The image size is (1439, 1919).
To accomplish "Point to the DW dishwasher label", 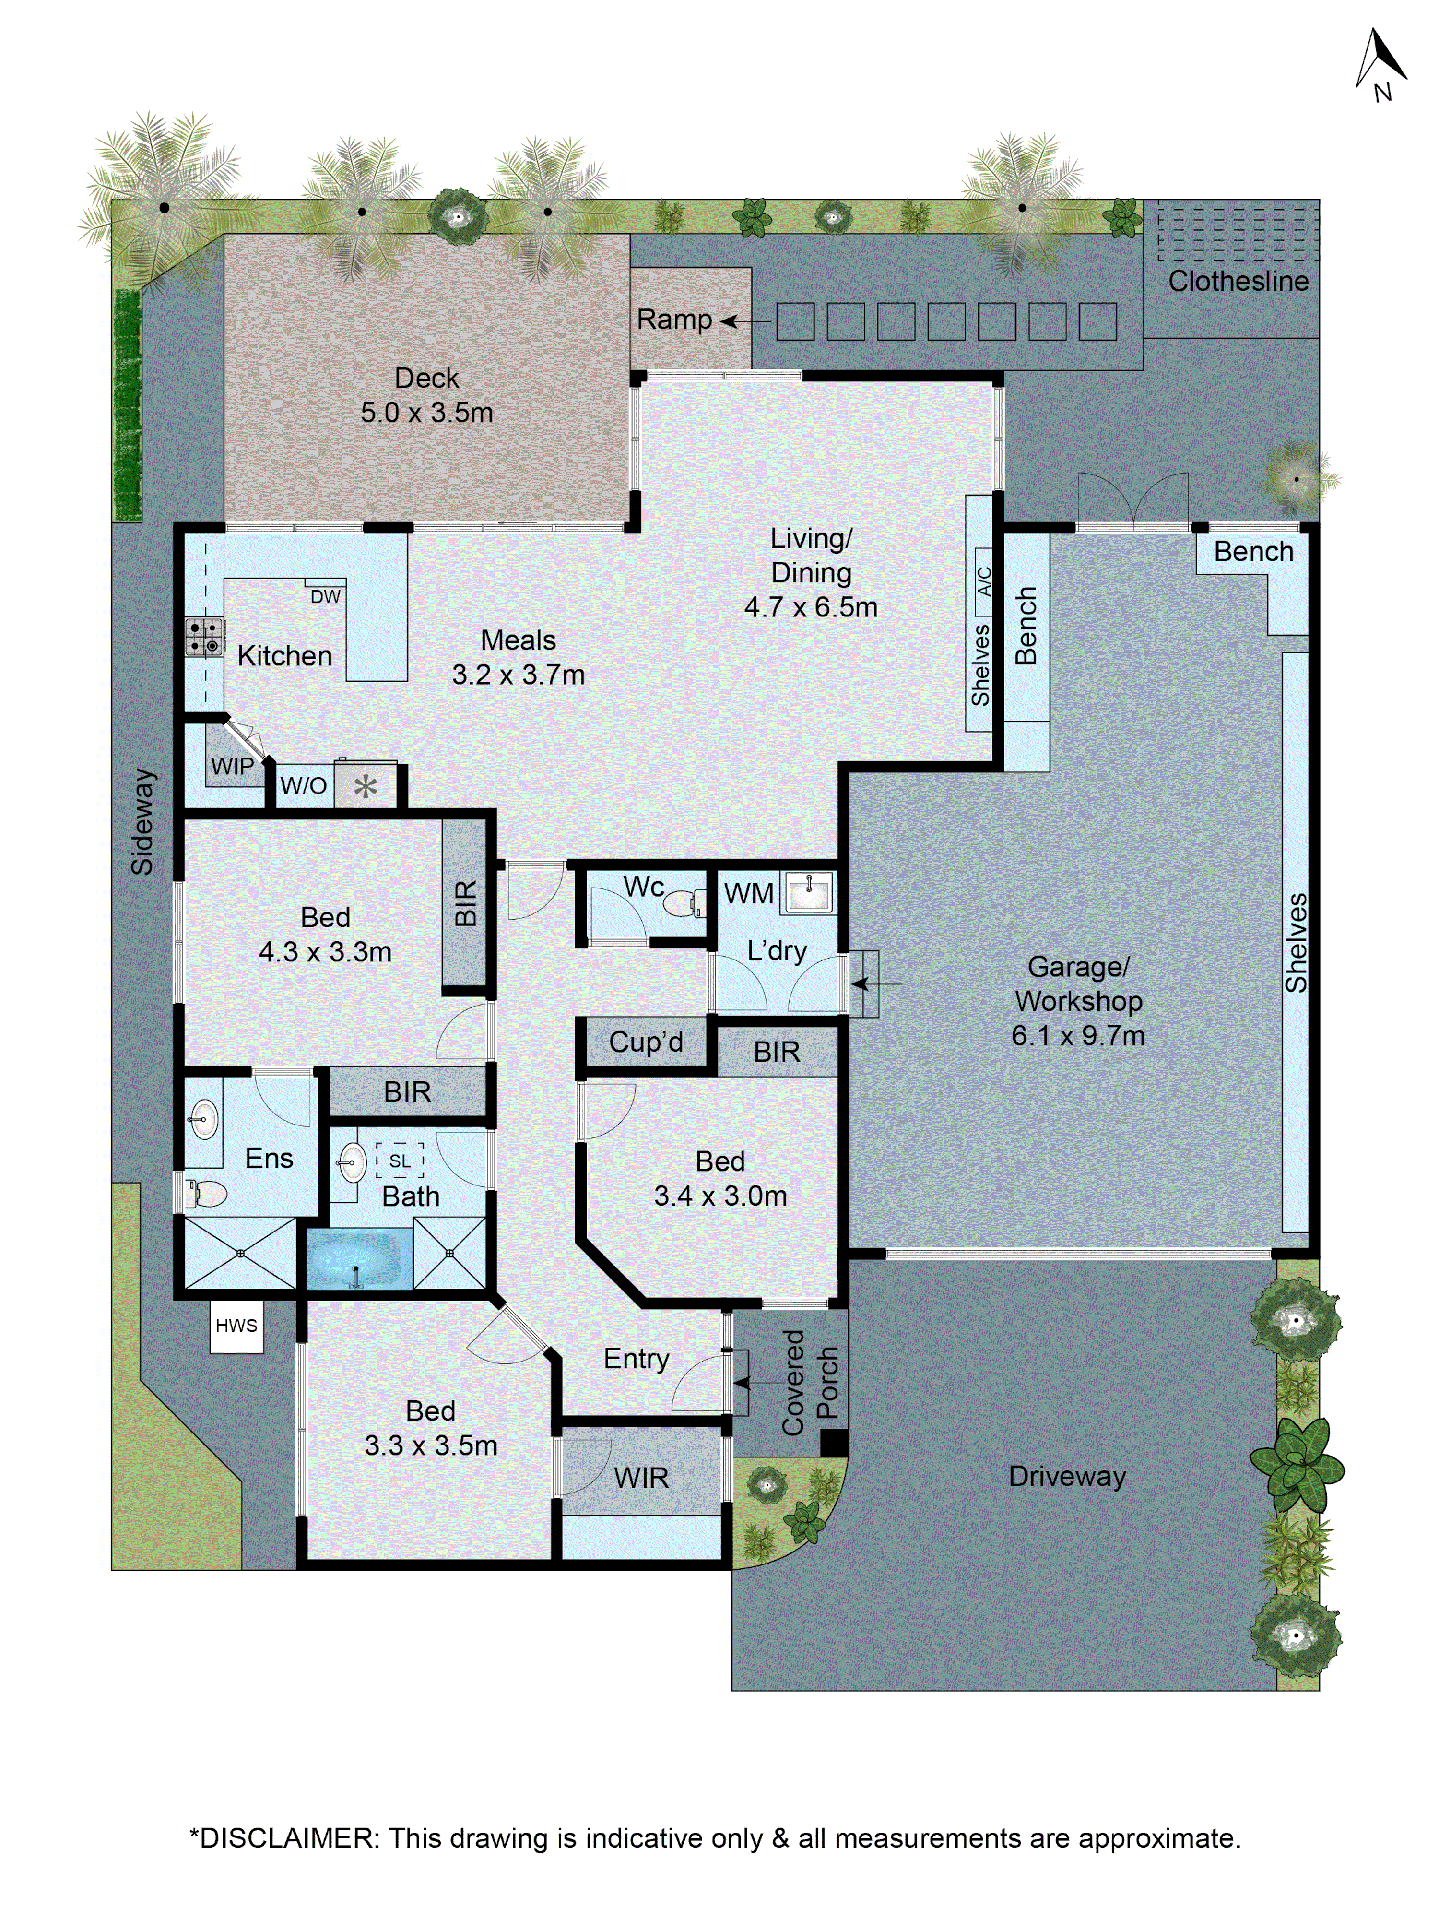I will pos(325,597).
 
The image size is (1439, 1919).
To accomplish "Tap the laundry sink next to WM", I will pos(808,892).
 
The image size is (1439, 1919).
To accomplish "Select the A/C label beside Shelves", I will pos(984,581).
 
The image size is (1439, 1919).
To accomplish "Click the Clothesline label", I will pos(1238,281).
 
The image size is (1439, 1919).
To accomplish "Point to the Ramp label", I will pos(674,319).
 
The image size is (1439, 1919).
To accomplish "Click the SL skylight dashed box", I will pos(400,1160).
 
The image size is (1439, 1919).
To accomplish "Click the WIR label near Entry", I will pos(641,1478).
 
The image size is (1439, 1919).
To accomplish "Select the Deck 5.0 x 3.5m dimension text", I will pos(427,412).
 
